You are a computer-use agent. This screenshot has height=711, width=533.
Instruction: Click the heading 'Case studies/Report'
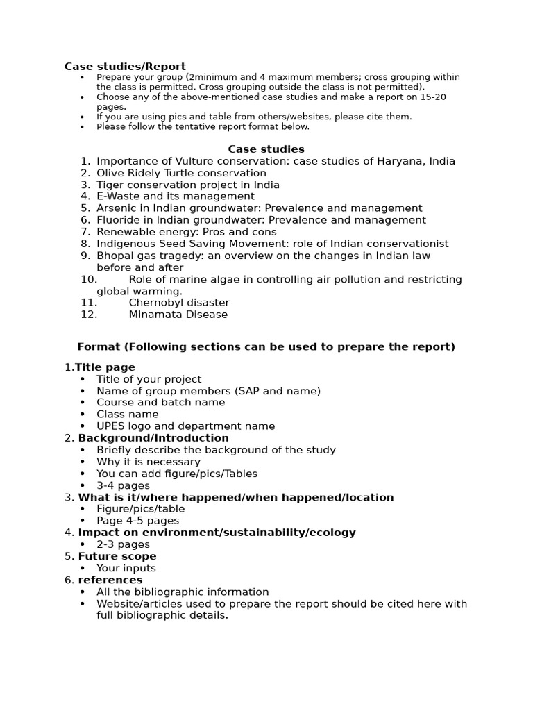pyautogui.click(x=125, y=67)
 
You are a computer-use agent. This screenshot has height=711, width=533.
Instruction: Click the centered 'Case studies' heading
pyautogui.click(x=266, y=149)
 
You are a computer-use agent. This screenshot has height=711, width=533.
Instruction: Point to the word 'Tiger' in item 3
pyautogui.click(x=110, y=185)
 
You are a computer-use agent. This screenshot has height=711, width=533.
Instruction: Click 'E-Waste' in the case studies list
pyautogui.click(x=118, y=196)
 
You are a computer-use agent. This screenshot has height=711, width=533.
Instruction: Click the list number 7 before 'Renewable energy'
pyautogui.click(x=85, y=232)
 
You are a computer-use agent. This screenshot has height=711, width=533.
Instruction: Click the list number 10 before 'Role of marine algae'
pyautogui.click(x=88, y=279)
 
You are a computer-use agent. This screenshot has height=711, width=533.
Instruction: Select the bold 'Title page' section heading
pyautogui.click(x=105, y=367)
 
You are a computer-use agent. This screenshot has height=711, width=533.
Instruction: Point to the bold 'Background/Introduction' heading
pyautogui.click(x=153, y=438)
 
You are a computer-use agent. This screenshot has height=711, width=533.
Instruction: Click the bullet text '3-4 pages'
pyautogui.click(x=123, y=485)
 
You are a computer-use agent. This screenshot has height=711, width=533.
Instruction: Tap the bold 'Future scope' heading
pyautogui.click(x=117, y=556)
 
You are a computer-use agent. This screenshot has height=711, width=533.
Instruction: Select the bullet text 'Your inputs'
pyautogui.click(x=126, y=568)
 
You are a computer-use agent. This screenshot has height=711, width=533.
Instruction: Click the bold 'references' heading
pyautogui.click(x=110, y=580)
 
